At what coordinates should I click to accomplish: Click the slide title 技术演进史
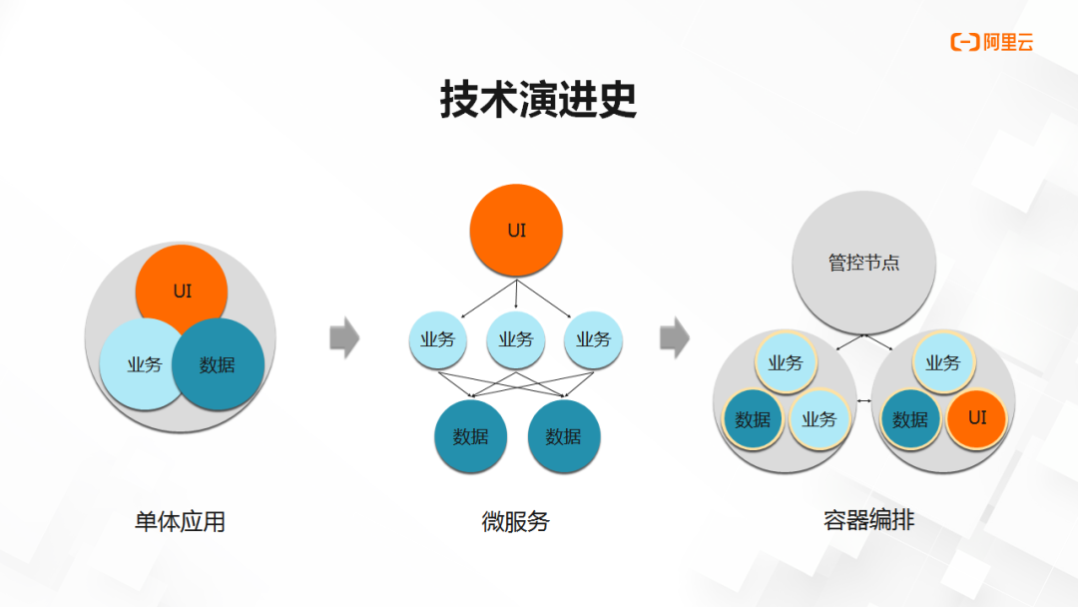tap(538, 100)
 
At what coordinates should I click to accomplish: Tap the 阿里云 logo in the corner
tap(991, 43)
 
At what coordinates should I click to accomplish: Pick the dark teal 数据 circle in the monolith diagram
tap(218, 364)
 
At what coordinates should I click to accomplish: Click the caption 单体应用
tap(180, 522)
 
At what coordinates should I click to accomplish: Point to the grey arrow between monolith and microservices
tap(344, 337)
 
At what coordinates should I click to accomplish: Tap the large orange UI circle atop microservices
tap(516, 231)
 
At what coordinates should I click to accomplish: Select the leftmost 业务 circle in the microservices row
tap(438, 339)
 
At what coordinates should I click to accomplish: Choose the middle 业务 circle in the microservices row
tap(516, 339)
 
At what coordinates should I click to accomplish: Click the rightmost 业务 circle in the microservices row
tap(593, 339)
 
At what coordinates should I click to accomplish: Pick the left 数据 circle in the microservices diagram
tap(471, 436)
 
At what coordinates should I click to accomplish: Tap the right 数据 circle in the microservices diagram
tap(564, 436)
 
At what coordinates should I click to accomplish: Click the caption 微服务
tap(516, 522)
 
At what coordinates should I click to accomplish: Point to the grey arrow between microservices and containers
tap(675, 337)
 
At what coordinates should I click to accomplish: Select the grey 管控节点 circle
tap(864, 263)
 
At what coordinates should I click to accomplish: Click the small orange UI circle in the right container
tap(977, 418)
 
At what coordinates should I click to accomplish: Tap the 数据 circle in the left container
tap(754, 419)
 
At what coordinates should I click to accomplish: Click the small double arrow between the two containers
tap(864, 400)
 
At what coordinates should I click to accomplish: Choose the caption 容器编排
tap(869, 520)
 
